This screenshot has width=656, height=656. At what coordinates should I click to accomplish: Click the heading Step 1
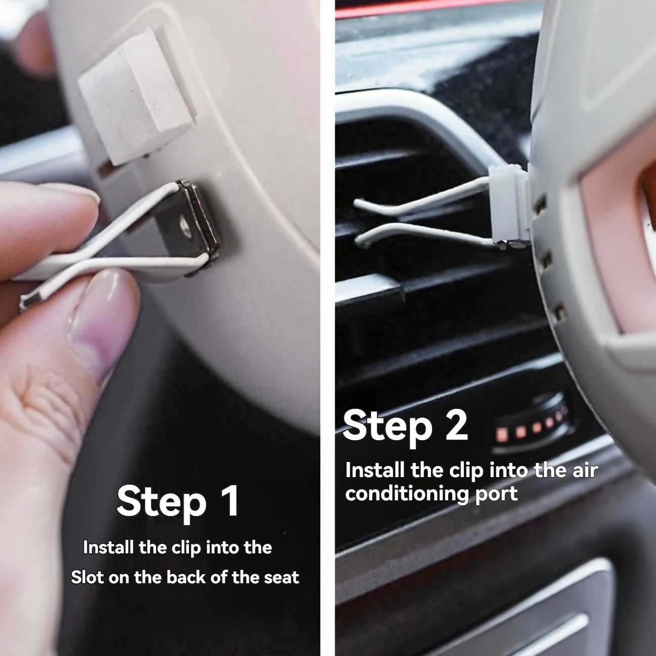tap(178, 501)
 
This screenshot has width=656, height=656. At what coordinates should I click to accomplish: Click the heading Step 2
tap(405, 426)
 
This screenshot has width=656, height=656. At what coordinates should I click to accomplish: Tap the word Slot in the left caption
tap(87, 577)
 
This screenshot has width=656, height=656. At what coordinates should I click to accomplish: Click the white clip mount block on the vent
tap(508, 207)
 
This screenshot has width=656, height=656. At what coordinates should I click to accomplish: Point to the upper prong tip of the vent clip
tap(358, 203)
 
